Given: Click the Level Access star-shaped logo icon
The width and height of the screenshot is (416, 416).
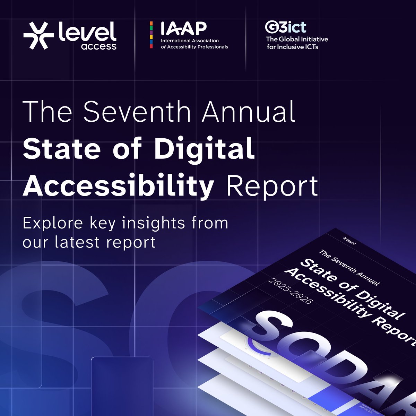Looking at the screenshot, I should point(38,35).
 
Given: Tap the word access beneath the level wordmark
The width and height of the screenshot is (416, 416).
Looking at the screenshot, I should point(99,46).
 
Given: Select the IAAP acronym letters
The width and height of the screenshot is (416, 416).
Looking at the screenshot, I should point(183,28).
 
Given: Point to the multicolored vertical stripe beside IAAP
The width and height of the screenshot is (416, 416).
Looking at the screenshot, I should point(151,35).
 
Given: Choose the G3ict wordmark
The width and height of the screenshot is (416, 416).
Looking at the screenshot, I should point(285,27).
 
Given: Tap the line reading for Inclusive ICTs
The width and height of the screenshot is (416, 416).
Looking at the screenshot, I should point(292,47).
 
